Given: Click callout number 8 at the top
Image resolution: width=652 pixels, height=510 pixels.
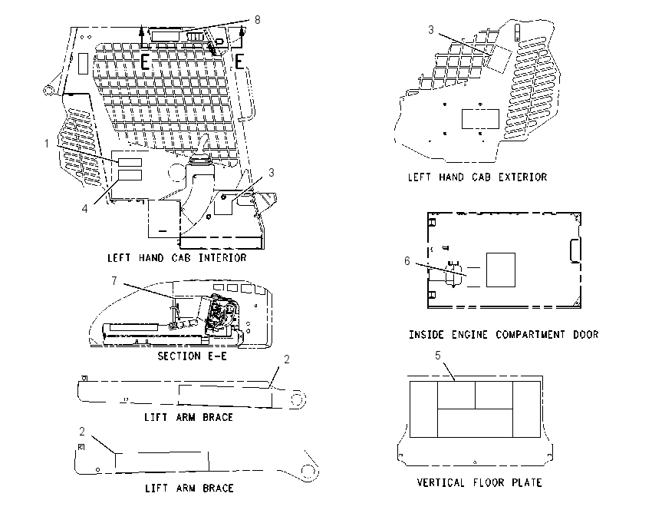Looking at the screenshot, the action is pos(258,19).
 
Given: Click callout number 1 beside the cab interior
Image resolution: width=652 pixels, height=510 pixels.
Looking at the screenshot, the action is pos(47,144).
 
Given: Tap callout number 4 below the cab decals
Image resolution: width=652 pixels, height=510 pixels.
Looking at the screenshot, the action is pos(85,209).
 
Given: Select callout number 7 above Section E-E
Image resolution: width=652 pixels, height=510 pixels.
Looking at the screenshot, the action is pos(114,281).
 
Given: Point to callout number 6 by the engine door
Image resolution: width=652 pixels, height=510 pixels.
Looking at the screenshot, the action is pos(407,261).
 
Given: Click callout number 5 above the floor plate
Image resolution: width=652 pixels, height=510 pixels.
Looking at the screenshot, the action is pos(438,355).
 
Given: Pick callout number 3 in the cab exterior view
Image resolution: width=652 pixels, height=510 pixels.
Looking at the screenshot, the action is pos(431,29).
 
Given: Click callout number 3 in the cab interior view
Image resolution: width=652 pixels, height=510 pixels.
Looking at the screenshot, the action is pos(271,172).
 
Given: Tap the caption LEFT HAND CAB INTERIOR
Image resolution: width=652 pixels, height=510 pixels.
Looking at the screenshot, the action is pos(177,258).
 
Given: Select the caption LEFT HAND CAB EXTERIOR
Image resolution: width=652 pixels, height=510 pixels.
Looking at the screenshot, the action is pos(477,177).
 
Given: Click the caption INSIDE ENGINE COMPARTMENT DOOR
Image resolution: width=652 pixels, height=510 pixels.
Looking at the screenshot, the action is pos(503,335).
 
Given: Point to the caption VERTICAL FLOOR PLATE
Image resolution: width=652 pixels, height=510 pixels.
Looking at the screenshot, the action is pos(479,482).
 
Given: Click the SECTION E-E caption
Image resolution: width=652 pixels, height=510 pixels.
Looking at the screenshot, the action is pos(192,356).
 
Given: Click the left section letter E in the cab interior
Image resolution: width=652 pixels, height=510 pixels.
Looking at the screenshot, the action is pos(144,62).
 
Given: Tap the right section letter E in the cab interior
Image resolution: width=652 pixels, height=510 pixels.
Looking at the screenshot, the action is pos(239,62).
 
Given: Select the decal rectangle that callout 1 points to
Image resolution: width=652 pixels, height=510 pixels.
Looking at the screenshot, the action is pos(130,162).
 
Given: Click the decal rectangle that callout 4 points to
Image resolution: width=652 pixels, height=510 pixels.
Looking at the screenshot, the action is pos(130,175).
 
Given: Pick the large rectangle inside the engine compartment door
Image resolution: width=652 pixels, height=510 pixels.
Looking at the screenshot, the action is pos(501,270).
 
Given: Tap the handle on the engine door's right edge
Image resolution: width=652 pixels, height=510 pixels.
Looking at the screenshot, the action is pos(575,250).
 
